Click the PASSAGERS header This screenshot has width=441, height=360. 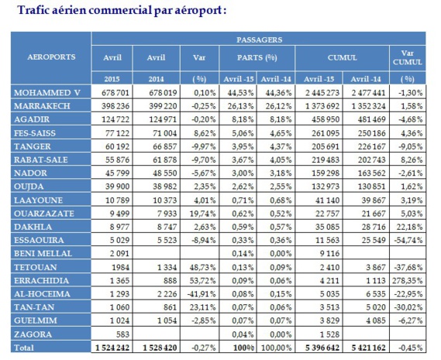point(258,38)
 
